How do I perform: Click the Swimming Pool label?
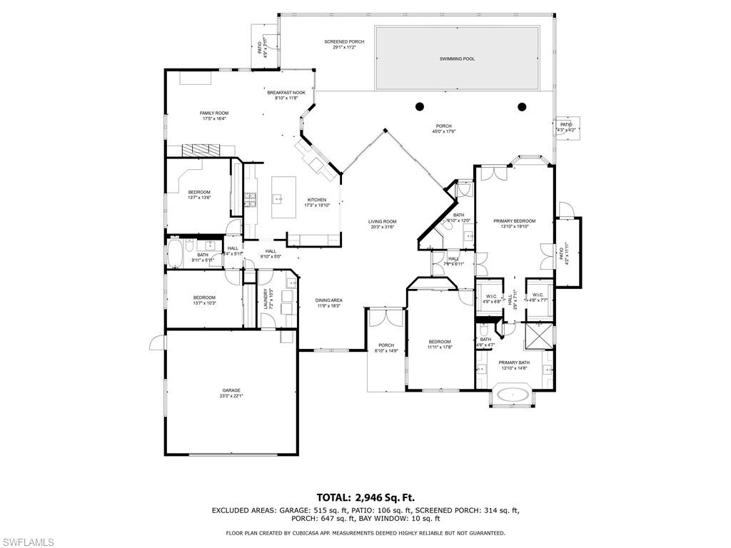[457, 59]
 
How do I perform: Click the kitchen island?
[284, 198]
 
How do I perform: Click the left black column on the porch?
[419, 107]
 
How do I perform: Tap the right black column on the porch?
[522, 107]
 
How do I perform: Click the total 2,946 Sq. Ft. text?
[365, 497]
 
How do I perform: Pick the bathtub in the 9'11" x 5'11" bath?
[176, 253]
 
